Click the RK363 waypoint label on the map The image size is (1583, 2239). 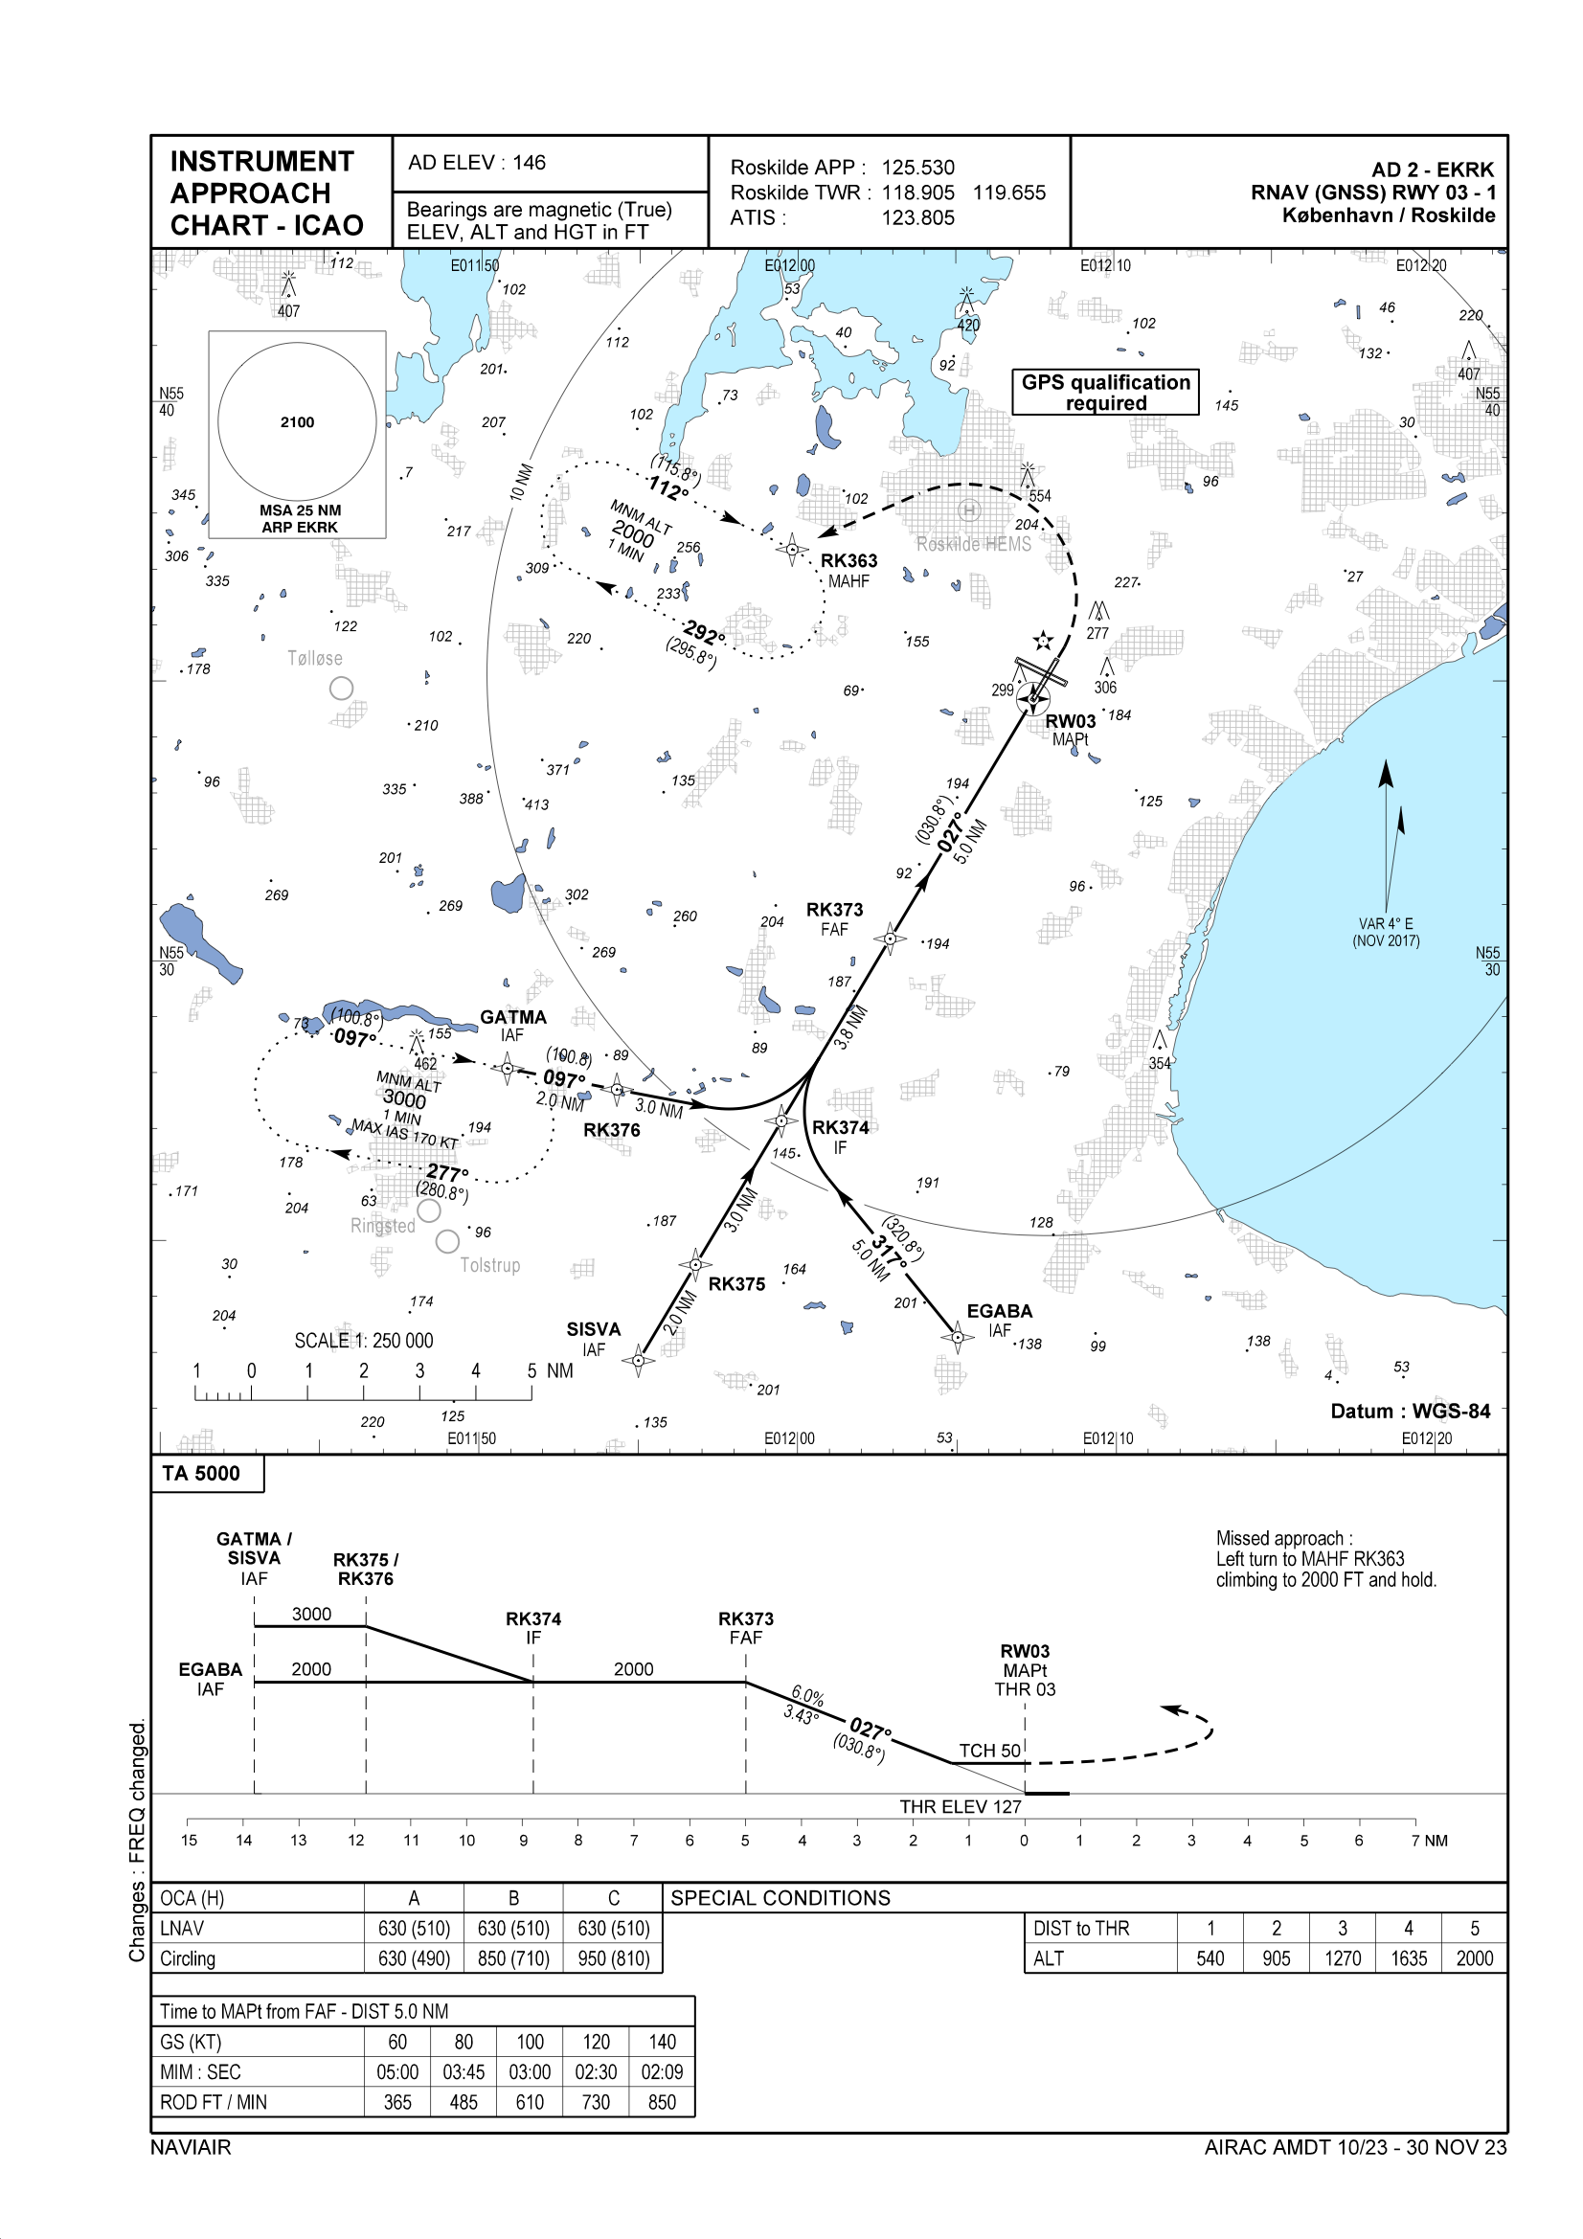(848, 561)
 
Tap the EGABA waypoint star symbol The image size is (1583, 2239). (957, 1337)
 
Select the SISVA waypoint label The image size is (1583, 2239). (593, 1329)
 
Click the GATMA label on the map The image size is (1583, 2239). (513, 1017)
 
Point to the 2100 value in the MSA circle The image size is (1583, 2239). (298, 422)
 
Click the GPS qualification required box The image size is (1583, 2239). (1105, 392)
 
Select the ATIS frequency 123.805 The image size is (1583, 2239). (917, 218)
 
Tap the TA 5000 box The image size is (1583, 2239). (202, 1473)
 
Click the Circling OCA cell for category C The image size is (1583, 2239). (613, 1958)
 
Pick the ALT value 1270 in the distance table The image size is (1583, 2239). (1342, 1958)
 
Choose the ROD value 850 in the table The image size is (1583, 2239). (662, 2102)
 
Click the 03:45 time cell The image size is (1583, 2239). (464, 2072)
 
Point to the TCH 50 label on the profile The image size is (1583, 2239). (989, 1751)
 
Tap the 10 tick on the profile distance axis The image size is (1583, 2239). (467, 1841)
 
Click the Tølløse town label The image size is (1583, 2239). (315, 658)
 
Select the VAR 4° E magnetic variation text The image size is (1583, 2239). (1385, 923)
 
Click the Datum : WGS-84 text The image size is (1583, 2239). (1410, 1411)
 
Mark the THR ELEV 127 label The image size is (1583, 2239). (960, 1807)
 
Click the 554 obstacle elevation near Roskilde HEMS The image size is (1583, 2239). (1040, 496)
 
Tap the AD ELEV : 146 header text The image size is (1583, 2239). (477, 163)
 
